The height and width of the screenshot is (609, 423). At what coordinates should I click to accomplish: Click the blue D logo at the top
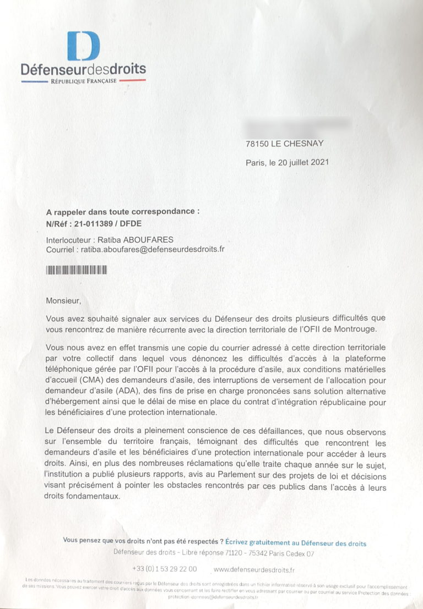click(83, 46)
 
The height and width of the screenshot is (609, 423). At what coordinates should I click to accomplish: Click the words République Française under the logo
click(83, 81)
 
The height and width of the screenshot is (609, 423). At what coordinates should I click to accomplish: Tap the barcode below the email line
click(77, 270)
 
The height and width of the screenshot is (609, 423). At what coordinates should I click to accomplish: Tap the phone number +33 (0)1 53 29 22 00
click(164, 569)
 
